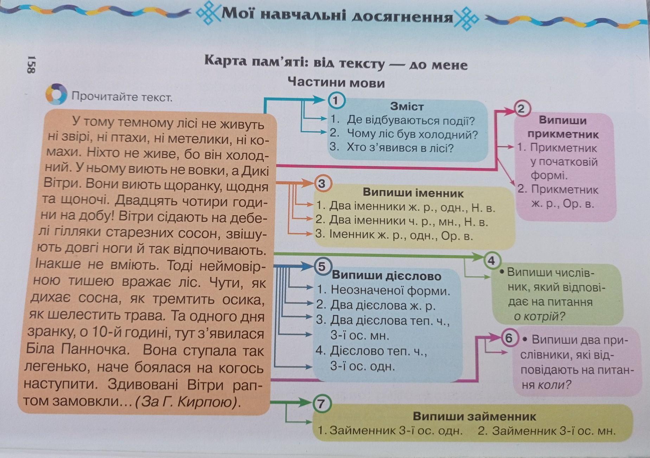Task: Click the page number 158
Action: pos(31,64)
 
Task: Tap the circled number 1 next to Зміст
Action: pos(336,101)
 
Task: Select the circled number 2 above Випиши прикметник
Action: pos(522,109)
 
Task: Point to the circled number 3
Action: pos(321,184)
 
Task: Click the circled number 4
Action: pos(492,260)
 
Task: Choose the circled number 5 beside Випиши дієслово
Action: pos(322,267)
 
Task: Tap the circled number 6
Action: pos(509,338)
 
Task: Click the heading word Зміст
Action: pos(407,106)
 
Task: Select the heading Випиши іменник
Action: pos(413,193)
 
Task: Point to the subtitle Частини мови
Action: pos(336,83)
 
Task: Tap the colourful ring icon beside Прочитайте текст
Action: pos(56,94)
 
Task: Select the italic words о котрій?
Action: pos(539,317)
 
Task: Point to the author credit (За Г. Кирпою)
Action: pos(188,402)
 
